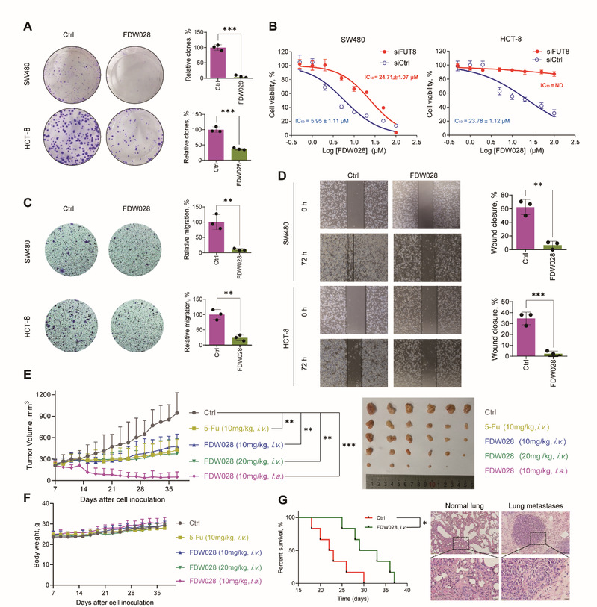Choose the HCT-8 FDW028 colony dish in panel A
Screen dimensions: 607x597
(x=141, y=149)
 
